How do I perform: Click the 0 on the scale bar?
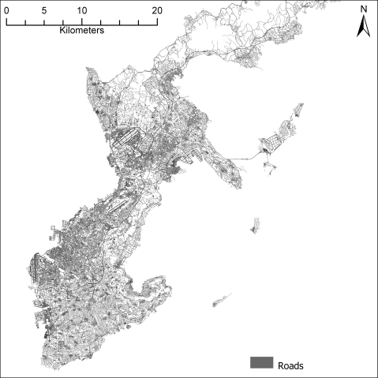click(x=6, y=10)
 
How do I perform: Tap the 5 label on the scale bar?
click(x=44, y=10)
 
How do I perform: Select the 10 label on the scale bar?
click(x=82, y=10)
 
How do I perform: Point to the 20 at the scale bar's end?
click(x=156, y=10)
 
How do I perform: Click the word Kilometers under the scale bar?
click(x=83, y=36)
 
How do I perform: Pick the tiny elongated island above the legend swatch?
click(x=222, y=301)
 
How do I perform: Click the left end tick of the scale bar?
click(x=6, y=24)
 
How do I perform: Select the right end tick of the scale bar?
click(x=157, y=24)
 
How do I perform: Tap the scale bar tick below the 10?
click(x=82, y=24)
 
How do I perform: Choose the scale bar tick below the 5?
click(x=44, y=24)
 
